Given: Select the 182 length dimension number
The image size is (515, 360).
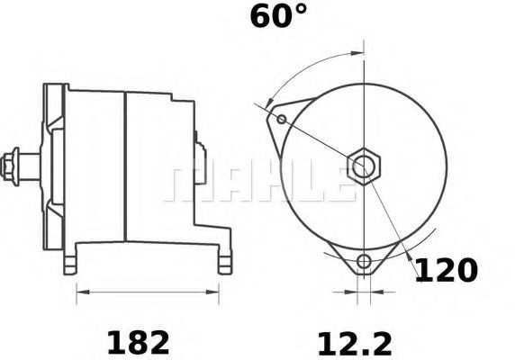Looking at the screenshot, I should pyautogui.click(x=138, y=342).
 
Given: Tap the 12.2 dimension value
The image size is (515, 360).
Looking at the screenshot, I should pyautogui.click(x=353, y=342).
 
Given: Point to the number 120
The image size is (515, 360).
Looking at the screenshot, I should pyautogui.click(x=445, y=270).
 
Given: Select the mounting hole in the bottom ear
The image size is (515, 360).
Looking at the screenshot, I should pyautogui.click(x=364, y=262).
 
